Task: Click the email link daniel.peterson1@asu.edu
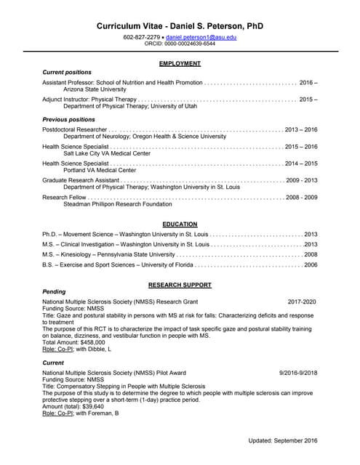[201, 36]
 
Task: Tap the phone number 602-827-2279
[142, 36]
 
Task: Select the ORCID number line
[180, 44]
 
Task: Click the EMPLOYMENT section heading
[180, 64]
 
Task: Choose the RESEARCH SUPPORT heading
[180, 285]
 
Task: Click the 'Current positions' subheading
[67, 73]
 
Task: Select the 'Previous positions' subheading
[68, 119]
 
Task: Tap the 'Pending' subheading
[54, 291]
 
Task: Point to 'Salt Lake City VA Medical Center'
[107, 153]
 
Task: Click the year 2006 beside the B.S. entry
[311, 265]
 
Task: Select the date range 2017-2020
[302, 301]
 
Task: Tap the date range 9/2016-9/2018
[298, 372]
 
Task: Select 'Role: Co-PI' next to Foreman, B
[57, 413]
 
